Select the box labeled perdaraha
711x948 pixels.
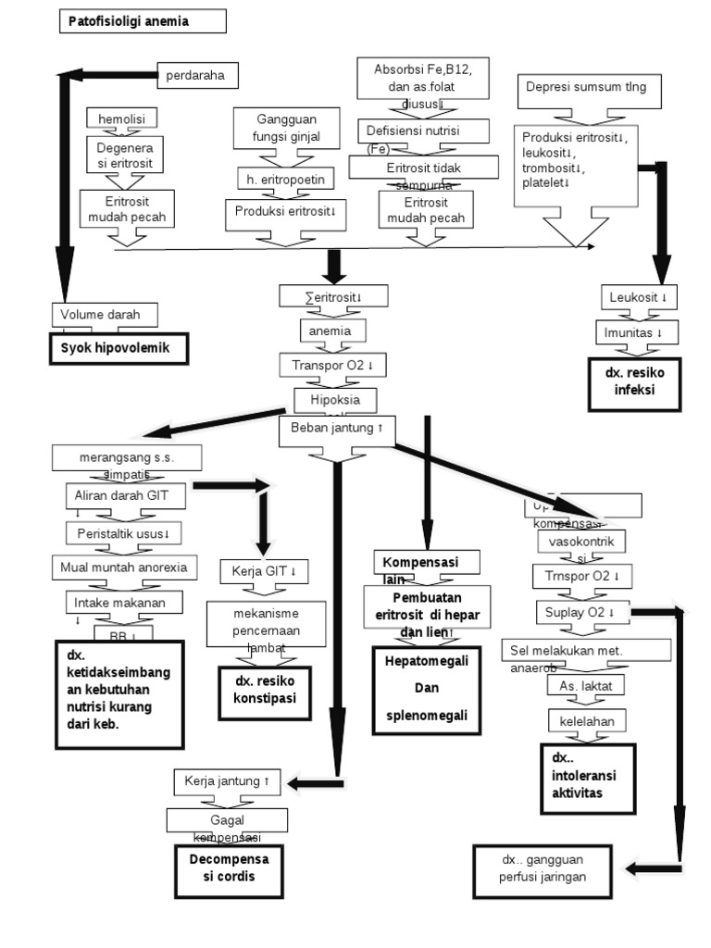[196, 74]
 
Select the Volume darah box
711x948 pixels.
[105, 315]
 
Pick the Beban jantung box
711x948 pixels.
[336, 430]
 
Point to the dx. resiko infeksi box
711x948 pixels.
[636, 381]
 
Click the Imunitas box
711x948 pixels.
[634, 331]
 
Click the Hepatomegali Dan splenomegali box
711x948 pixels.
[427, 690]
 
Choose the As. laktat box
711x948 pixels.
[586, 686]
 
